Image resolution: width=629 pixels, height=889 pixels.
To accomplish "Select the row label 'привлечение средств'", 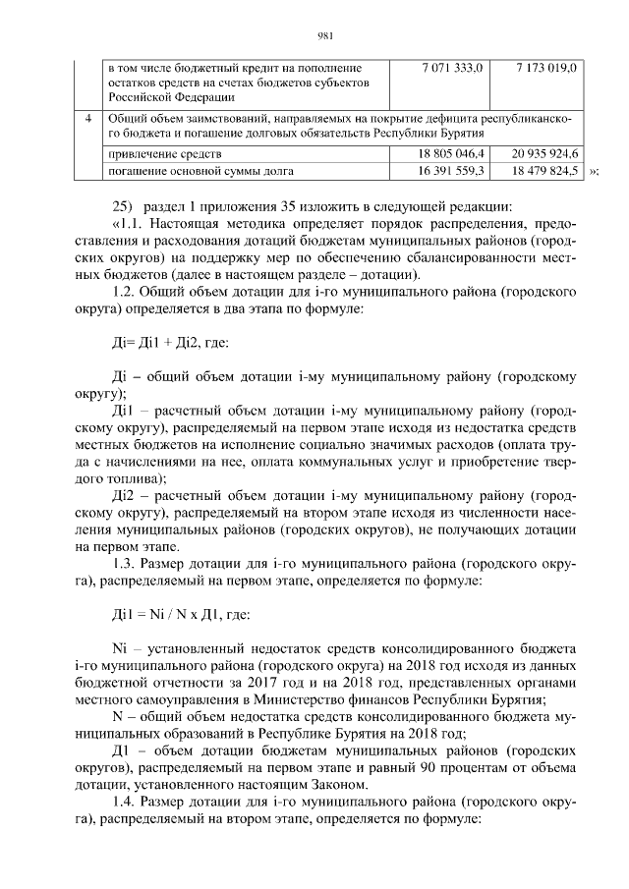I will click(x=165, y=154).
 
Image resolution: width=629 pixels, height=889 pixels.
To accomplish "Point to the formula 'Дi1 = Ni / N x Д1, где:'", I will click(x=181, y=615).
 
